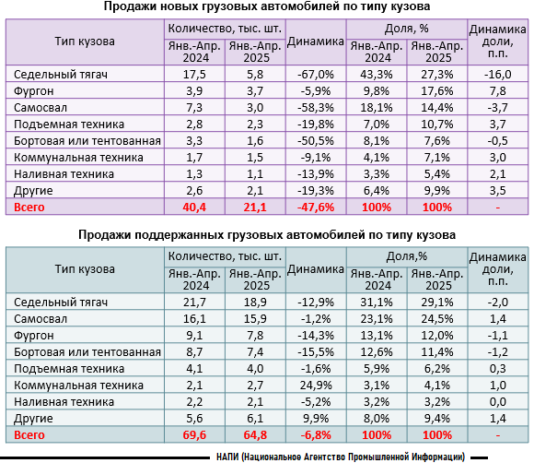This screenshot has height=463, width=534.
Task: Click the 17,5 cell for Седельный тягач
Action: click(194, 74)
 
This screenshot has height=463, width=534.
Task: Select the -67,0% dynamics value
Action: click(316, 74)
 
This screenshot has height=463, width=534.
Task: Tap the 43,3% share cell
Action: click(377, 74)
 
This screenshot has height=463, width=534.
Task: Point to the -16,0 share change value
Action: click(497, 74)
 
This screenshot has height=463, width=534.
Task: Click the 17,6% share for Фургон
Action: click(437, 90)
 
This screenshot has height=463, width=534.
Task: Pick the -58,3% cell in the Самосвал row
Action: click(316, 108)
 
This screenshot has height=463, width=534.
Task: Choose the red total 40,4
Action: click(194, 208)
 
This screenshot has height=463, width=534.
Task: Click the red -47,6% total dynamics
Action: click(316, 208)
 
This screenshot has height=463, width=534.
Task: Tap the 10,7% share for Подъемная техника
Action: click(437, 125)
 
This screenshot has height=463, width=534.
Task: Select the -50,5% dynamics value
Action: click(316, 140)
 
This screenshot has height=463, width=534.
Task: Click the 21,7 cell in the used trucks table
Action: click(194, 302)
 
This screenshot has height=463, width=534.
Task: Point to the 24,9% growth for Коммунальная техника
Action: click(316, 386)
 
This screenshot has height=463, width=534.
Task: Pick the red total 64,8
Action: click(255, 435)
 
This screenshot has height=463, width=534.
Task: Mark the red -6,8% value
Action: click(316, 435)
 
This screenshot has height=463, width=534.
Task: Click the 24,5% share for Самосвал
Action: click(437, 319)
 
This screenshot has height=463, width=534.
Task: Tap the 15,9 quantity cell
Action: click(255, 319)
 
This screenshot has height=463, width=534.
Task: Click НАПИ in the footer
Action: click(227, 457)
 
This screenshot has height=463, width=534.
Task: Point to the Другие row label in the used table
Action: click(33, 419)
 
